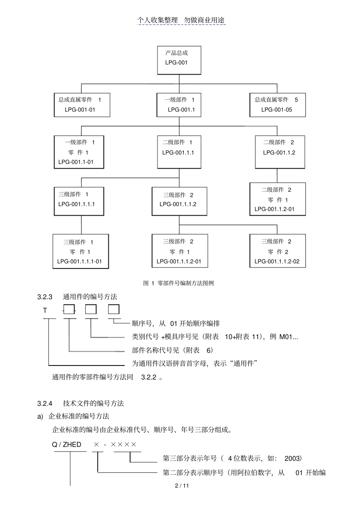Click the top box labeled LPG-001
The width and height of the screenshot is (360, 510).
click(179, 60)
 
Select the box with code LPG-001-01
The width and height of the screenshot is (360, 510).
click(82, 105)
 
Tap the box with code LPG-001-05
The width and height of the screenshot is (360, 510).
click(277, 105)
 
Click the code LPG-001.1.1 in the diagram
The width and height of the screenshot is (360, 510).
click(178, 152)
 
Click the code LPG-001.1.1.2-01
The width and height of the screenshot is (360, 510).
click(179, 261)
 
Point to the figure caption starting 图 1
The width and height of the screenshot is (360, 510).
click(178, 283)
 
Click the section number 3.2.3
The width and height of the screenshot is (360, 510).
click(45, 297)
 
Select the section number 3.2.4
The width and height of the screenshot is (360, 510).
click(45, 403)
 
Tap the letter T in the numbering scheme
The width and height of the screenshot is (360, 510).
click(45, 311)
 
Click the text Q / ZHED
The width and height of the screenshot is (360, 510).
click(67, 444)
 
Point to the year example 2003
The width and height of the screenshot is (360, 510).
click(292, 458)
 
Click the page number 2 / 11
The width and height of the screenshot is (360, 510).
click(182, 486)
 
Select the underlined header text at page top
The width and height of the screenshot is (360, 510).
click(181, 20)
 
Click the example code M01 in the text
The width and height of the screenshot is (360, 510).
click(286, 337)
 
